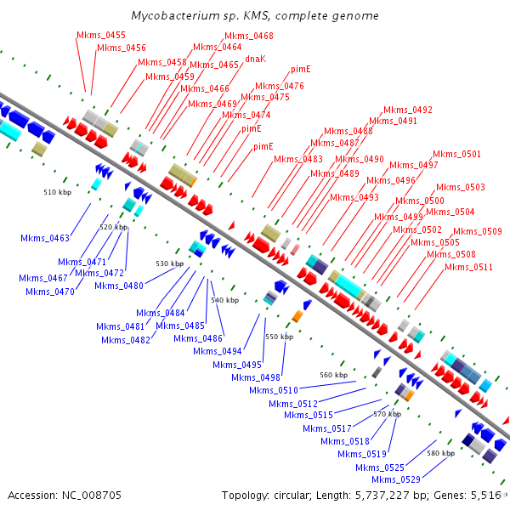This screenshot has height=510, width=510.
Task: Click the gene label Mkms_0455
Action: point(101,35)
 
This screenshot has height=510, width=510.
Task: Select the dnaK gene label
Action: point(256,59)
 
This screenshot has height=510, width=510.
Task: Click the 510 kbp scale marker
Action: point(57,192)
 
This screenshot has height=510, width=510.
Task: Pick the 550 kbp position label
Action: point(279,337)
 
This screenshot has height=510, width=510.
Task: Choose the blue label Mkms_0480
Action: point(119,286)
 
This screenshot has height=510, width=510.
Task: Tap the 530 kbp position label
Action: point(169,263)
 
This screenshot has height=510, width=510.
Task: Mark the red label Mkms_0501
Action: point(456,154)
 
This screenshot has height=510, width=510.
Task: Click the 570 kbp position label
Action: point(387,413)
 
